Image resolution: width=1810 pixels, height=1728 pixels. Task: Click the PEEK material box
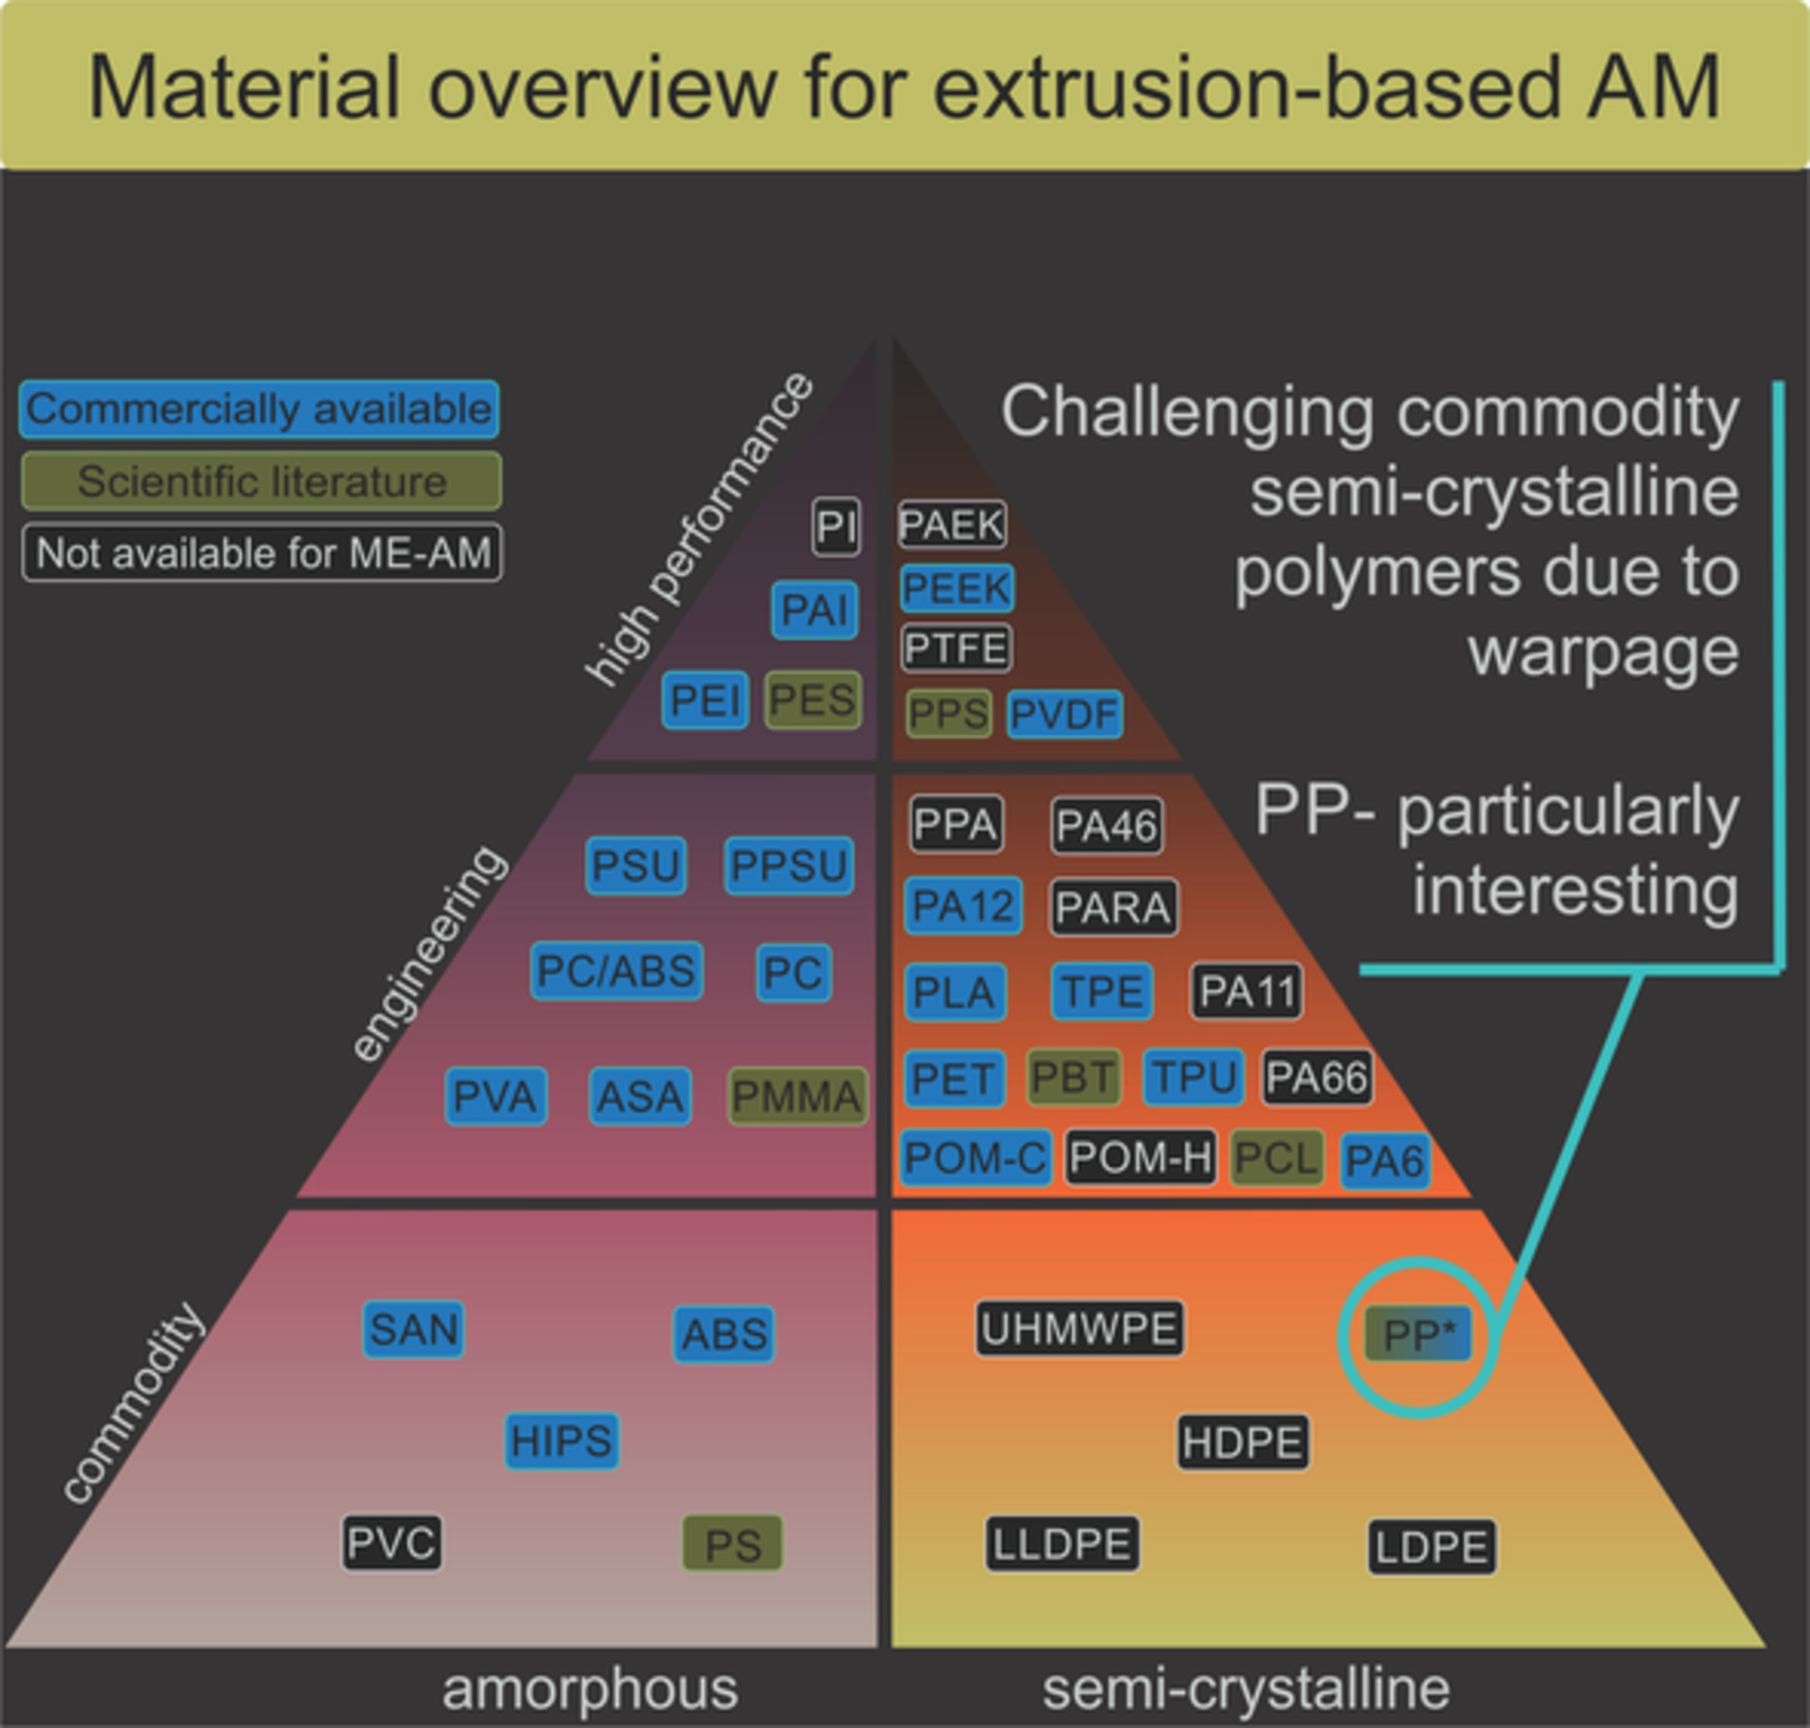(958, 589)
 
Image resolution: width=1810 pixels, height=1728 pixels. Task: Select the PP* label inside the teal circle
(1418, 1334)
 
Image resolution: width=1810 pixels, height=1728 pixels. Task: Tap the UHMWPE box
(1080, 1328)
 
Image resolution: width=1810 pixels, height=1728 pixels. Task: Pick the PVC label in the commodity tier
(391, 1542)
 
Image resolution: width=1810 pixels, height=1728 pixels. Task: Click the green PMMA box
(797, 1096)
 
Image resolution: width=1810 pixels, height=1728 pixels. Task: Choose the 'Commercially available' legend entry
(259, 409)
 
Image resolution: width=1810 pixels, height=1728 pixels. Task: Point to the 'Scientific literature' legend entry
(261, 481)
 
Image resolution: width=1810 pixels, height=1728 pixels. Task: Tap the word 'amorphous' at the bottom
(590, 1688)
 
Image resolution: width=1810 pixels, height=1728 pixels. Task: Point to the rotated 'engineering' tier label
(429, 954)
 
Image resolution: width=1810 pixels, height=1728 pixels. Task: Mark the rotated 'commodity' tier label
(133, 1403)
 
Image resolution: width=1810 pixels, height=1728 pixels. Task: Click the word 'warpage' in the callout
(1602, 651)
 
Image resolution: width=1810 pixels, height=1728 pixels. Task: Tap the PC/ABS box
(616, 971)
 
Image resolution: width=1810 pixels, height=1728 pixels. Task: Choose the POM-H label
(1141, 1157)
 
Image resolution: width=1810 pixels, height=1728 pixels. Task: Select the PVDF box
(1064, 714)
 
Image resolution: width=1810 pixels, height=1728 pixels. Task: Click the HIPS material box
(561, 1440)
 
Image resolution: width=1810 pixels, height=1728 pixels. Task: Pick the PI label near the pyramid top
(836, 527)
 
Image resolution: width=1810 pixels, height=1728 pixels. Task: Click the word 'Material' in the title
(245, 88)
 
